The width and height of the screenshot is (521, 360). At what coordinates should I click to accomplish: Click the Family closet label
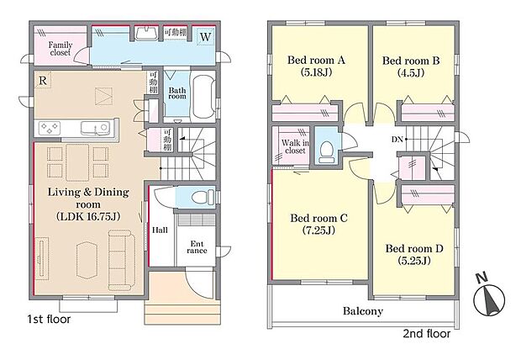[x=59, y=50]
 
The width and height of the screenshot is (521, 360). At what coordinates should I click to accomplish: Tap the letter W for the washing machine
[x=206, y=37]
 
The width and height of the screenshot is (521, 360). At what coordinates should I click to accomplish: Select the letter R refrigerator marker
[x=42, y=80]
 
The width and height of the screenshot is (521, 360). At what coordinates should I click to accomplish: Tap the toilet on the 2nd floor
[x=327, y=147]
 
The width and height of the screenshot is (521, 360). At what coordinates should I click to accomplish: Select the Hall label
[x=160, y=230]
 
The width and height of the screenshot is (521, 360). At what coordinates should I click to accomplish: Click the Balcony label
[x=363, y=310]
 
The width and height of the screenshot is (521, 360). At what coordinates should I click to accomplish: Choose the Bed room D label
[x=413, y=248]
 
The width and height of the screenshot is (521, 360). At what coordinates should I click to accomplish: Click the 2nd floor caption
[x=426, y=333]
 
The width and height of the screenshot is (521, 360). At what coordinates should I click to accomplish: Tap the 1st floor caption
[x=49, y=319]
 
